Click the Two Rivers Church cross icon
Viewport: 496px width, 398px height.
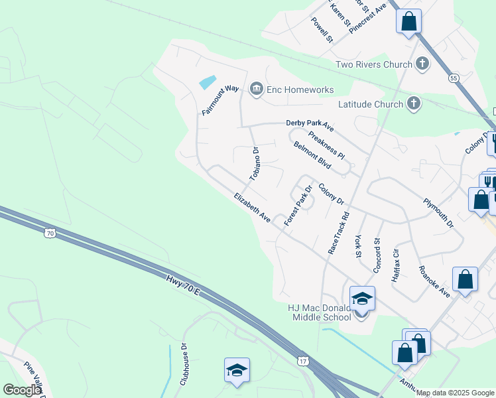coord(422,64)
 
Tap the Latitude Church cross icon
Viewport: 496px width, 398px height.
coord(414,103)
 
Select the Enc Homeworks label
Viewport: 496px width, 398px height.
coord(298,90)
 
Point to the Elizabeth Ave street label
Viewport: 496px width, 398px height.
coord(252,208)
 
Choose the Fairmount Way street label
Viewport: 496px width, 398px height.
coord(219,100)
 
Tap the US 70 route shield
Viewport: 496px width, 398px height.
coord(49,233)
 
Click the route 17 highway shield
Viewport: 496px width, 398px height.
coord(302,360)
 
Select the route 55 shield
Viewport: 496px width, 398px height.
coord(454,78)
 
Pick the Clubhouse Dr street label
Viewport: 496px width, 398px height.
coord(184,364)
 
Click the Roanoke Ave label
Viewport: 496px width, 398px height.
coord(434,281)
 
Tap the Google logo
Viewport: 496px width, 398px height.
coord(21,390)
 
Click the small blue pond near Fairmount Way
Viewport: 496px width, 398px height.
coord(207,83)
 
